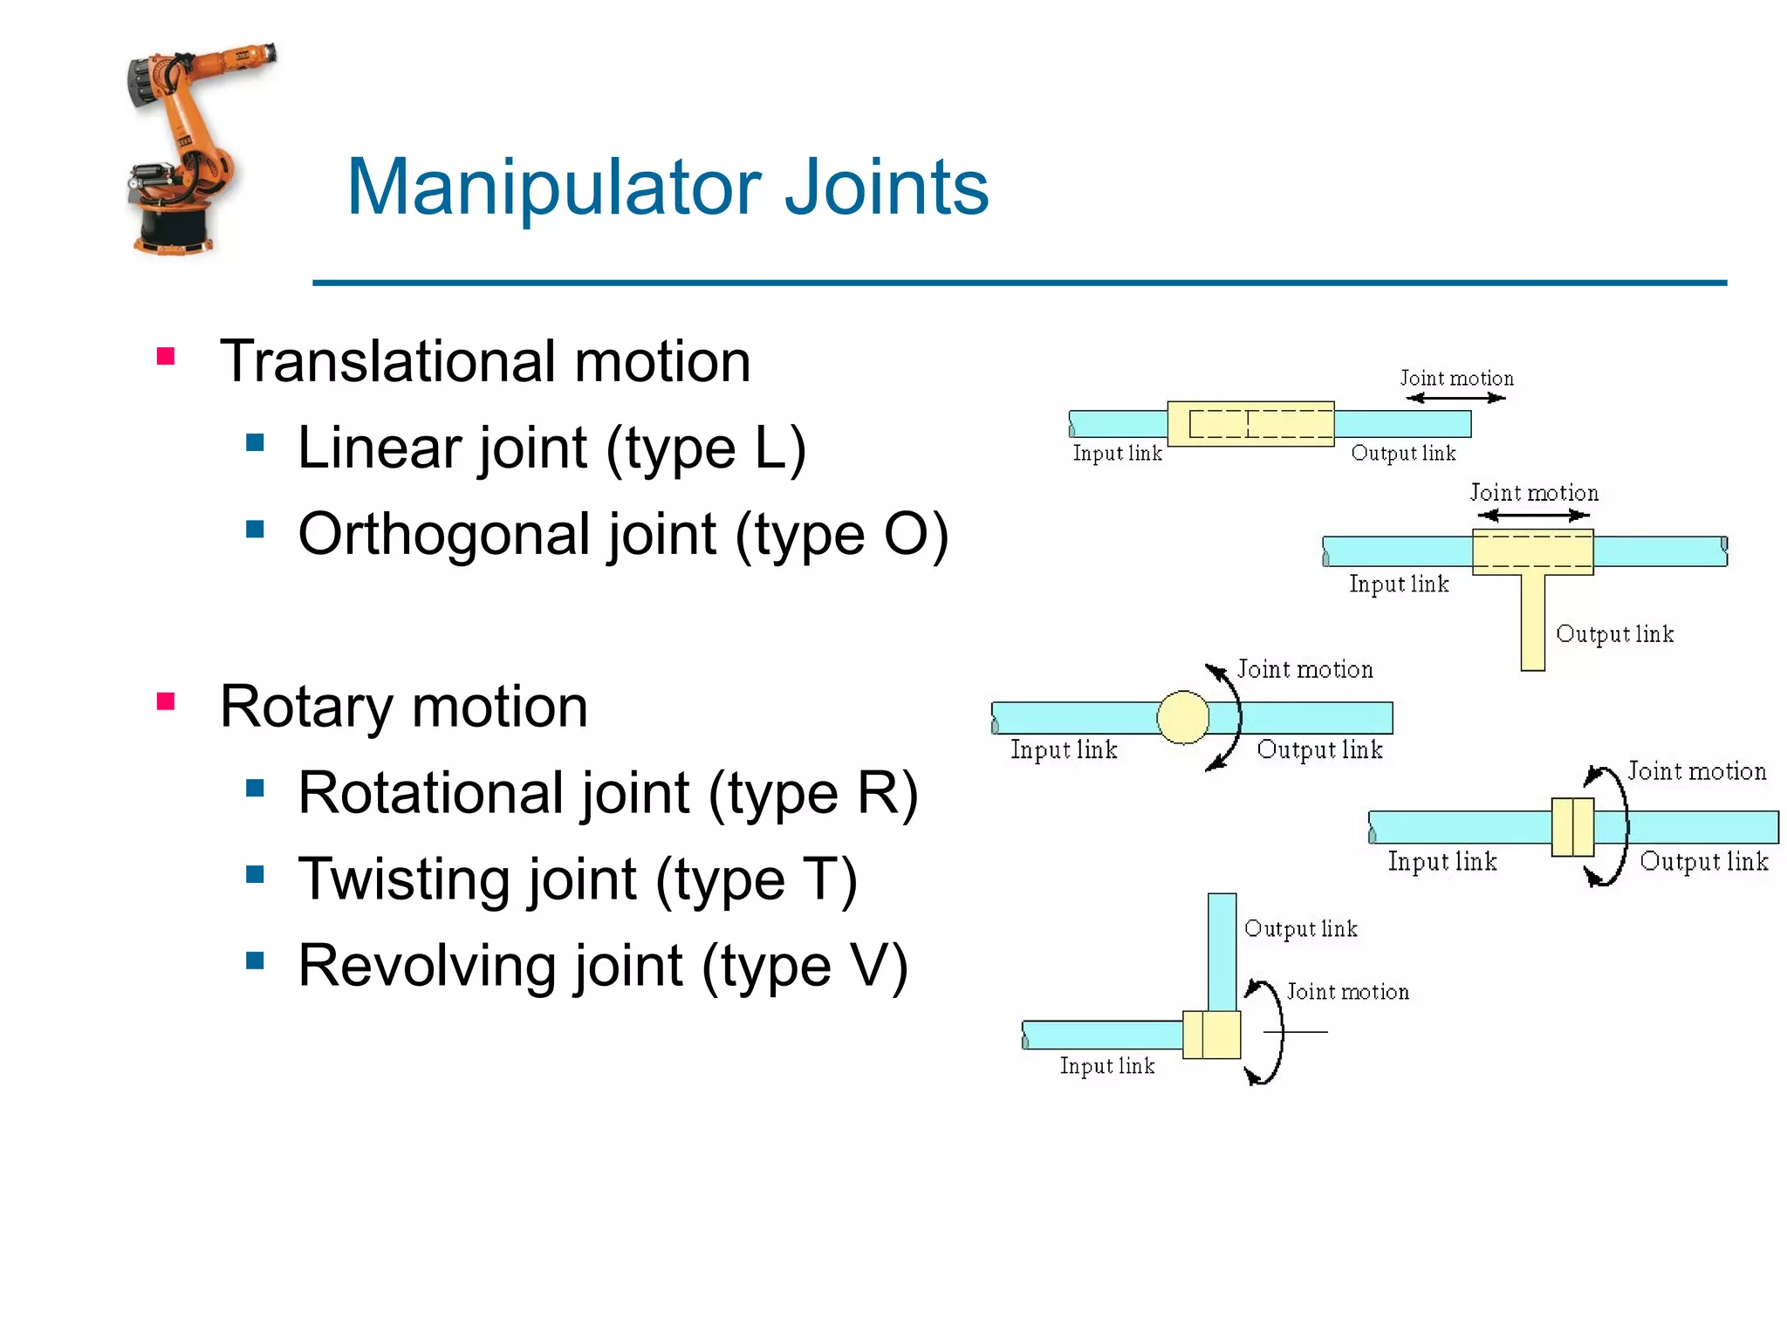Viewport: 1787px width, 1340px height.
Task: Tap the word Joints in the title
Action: pyautogui.click(x=886, y=188)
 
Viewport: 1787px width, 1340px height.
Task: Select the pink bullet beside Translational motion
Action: pyautogui.click(x=166, y=356)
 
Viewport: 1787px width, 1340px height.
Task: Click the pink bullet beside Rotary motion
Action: pyautogui.click(x=166, y=701)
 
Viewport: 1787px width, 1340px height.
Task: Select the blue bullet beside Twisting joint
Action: pyautogui.click(x=255, y=874)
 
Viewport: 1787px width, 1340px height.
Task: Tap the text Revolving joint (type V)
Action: pyautogui.click(x=602, y=966)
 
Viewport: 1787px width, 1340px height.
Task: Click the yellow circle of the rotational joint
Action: pyautogui.click(x=1182, y=717)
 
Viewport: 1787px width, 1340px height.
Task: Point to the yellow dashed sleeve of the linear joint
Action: pyautogui.click(x=1250, y=424)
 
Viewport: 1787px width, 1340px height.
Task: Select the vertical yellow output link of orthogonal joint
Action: pyautogui.click(x=1532, y=621)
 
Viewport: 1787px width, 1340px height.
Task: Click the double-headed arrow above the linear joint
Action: pyautogui.click(x=1455, y=398)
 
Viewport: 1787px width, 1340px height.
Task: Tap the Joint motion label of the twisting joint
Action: pyautogui.click(x=1696, y=771)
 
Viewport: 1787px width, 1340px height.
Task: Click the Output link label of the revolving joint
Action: pyautogui.click(x=1300, y=928)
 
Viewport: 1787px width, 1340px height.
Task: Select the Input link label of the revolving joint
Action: pyautogui.click(x=1106, y=1066)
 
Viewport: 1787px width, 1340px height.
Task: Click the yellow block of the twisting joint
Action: pyautogui.click(x=1572, y=827)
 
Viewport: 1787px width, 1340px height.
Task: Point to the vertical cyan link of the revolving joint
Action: pyautogui.click(x=1222, y=951)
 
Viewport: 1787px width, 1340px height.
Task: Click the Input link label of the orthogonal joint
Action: pyautogui.click(x=1398, y=584)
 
